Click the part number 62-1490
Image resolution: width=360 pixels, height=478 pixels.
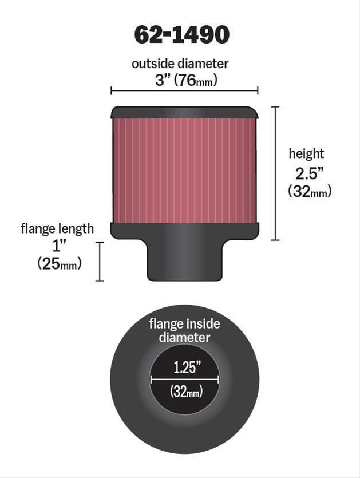pos(181,35)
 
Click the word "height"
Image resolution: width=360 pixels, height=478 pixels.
pos(306,153)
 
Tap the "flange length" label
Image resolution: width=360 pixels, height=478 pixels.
pos(57,229)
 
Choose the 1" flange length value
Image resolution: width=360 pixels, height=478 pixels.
pos(57,246)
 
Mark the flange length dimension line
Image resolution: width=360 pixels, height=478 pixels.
pos(100,261)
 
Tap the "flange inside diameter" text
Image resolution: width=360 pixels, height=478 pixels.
pos(184,330)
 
